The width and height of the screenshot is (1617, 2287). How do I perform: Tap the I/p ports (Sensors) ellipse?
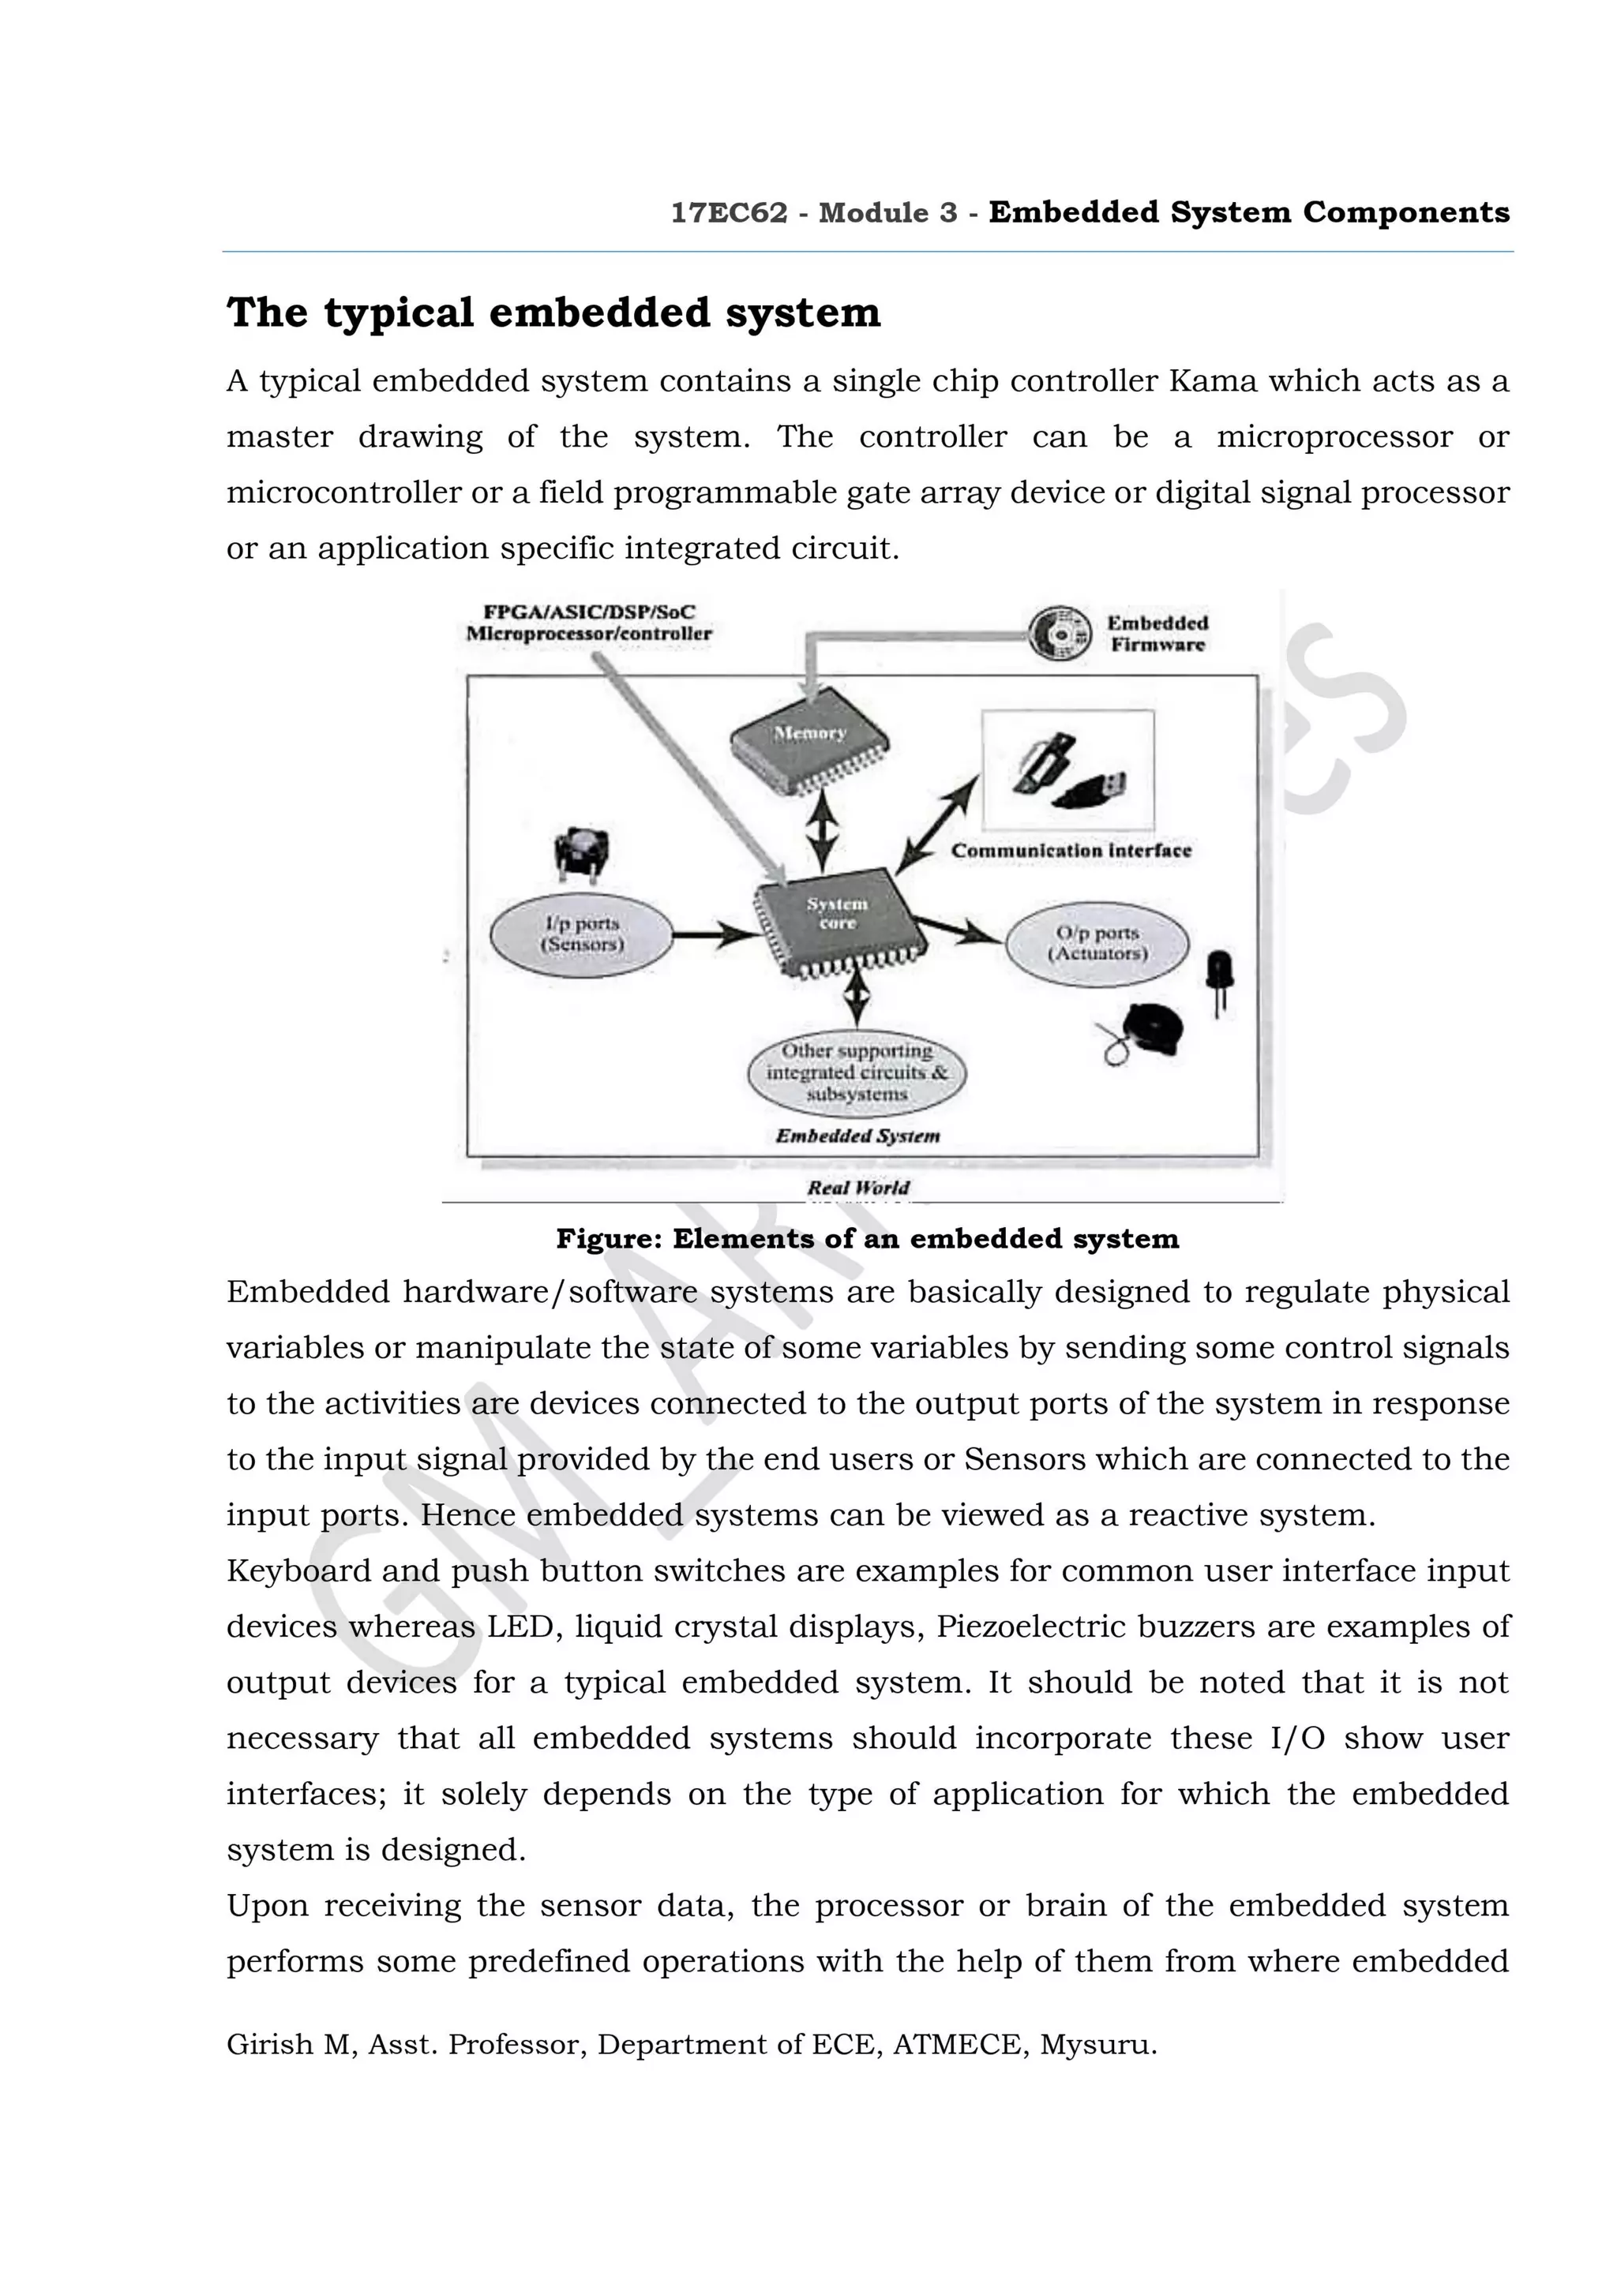point(582,935)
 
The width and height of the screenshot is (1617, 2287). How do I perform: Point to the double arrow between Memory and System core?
point(821,832)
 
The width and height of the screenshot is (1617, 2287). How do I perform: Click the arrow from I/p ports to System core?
point(715,935)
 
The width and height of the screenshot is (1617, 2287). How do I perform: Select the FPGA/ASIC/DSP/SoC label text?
point(589,612)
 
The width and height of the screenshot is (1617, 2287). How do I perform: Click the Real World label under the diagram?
point(857,1188)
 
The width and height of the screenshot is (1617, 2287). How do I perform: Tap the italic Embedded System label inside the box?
point(857,1136)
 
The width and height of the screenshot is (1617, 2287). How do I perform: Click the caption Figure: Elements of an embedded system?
point(867,1239)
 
